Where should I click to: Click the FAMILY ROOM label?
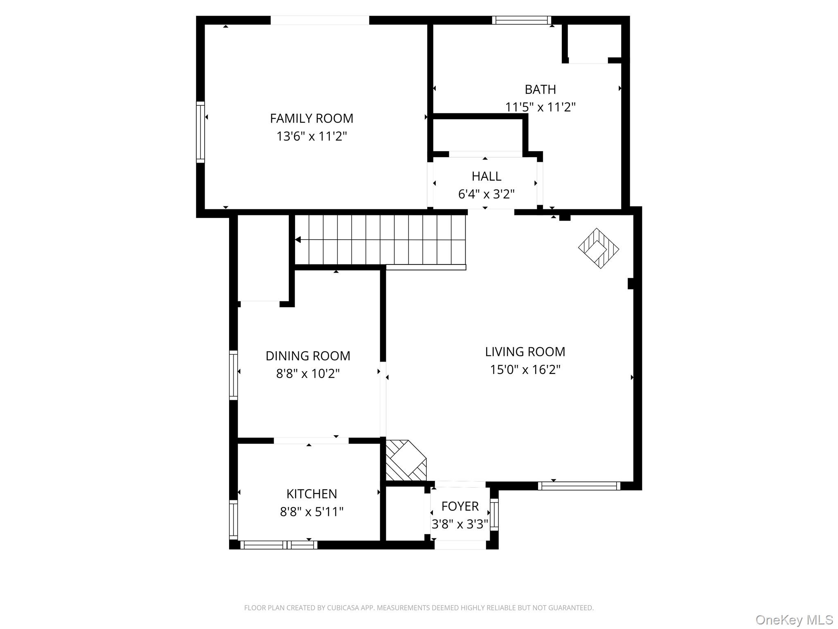pos(311,118)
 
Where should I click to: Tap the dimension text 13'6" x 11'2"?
pos(311,136)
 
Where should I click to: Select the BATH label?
pos(540,89)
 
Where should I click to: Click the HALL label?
pos(486,176)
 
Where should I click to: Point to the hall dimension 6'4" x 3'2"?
pos(486,194)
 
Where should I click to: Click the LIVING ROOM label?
pos(525,352)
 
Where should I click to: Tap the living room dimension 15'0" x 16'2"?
pos(525,370)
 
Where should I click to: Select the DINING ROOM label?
pos(308,356)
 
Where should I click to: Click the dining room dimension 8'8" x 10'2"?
pos(308,374)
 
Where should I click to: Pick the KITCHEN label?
pos(311,494)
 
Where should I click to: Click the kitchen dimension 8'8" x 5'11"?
pos(311,512)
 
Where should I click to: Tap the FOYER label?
pos(460,506)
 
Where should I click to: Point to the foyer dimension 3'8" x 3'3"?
pos(460,524)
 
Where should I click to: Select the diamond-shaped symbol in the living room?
pos(598,248)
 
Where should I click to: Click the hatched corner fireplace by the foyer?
pos(405,460)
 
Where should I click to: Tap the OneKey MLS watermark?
pos(794,620)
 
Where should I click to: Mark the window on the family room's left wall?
pos(200,132)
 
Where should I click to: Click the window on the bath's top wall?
pos(521,20)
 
